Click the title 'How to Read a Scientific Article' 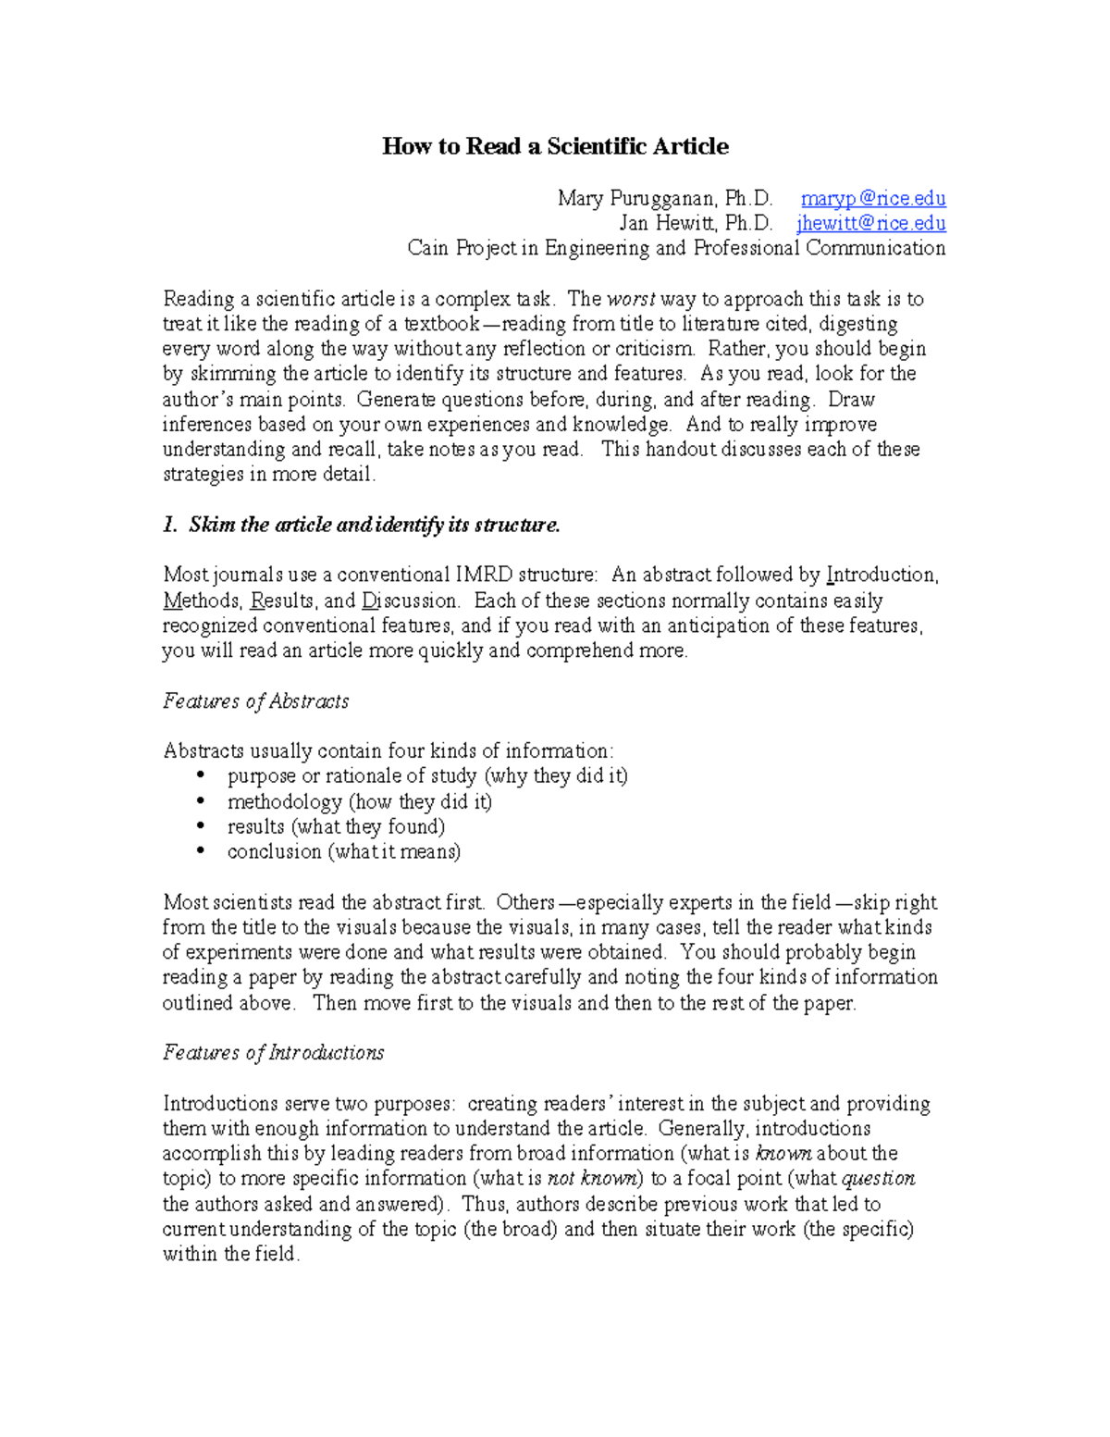[555, 146]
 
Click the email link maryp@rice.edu [872, 198]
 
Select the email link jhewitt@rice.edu [870, 223]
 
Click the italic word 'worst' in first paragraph [631, 299]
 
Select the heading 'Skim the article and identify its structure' [374, 525]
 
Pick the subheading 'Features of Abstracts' [255, 701]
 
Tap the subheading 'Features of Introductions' [273, 1053]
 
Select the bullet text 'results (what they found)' [336, 826]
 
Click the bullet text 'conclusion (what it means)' [344, 851]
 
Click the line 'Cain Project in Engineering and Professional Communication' [676, 248]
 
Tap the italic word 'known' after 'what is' [783, 1154]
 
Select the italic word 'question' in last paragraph [878, 1179]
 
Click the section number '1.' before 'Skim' [170, 525]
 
